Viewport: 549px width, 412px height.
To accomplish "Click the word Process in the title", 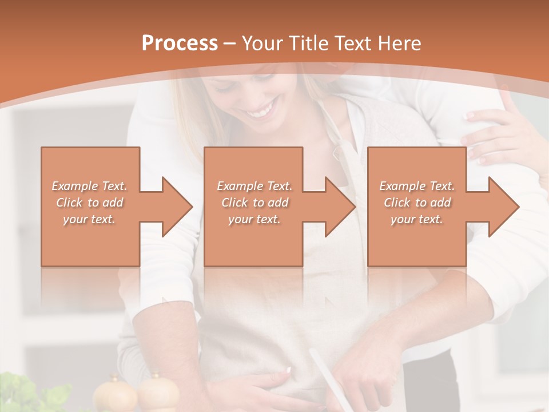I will (180, 43).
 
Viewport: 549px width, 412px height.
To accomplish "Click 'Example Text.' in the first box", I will (90, 186).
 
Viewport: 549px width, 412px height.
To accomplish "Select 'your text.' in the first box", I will (89, 219).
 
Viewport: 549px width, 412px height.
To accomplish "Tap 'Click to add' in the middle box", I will (254, 203).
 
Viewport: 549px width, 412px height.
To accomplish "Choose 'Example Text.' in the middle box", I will (254, 186).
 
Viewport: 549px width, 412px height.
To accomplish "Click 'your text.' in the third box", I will (417, 219).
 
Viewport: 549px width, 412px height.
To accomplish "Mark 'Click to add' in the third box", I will (417, 203).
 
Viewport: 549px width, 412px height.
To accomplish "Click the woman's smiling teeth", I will (261, 110).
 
